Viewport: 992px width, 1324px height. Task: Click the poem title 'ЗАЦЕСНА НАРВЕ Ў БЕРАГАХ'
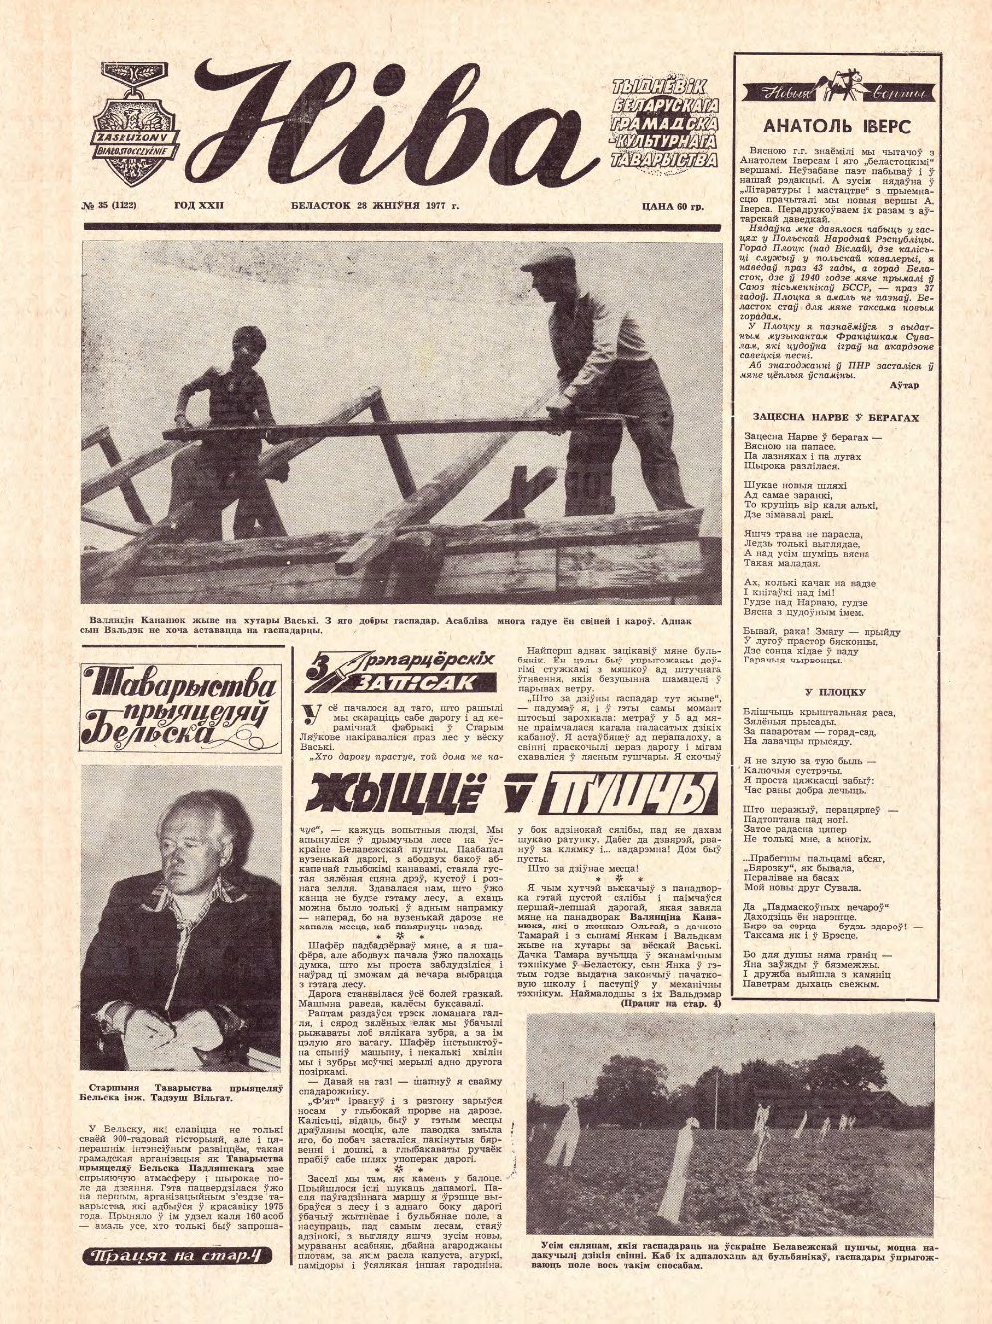pyautogui.click(x=835, y=418)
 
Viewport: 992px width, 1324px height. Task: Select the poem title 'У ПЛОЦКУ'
pyautogui.click(x=835, y=691)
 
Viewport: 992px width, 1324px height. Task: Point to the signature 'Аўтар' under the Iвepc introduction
pyautogui.click(x=904, y=385)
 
